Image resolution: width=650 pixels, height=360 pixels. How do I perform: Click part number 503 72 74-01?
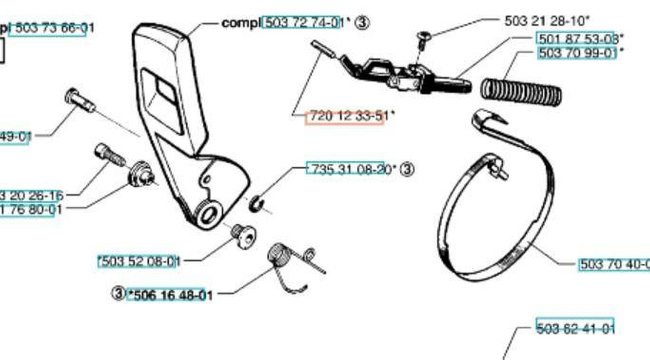point(303,21)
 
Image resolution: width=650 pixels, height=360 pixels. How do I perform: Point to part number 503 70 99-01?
point(578,53)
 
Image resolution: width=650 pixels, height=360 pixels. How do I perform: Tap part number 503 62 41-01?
point(575,328)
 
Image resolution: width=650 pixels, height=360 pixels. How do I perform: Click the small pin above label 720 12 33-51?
point(319,51)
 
